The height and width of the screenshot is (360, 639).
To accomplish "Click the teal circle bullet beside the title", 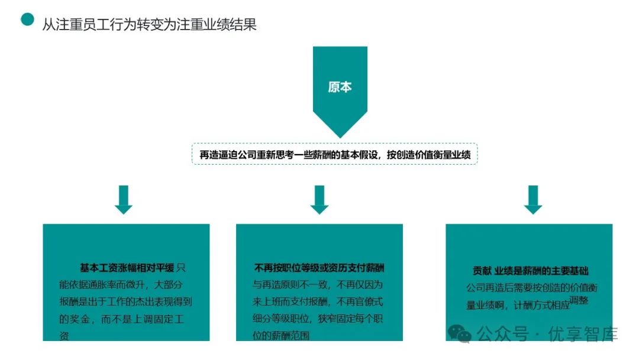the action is tap(27, 20).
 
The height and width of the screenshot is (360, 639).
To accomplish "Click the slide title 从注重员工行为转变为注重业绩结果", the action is tap(149, 25).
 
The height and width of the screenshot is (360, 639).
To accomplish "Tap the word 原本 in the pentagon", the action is tap(340, 86).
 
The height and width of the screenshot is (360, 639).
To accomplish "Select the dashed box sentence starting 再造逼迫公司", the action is tap(334, 155).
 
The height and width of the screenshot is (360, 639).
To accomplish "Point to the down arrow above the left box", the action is tap(124, 199).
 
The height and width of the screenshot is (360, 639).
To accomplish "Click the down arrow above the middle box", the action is tap(319, 199).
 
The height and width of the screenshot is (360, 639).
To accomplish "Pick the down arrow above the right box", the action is tap(533, 199).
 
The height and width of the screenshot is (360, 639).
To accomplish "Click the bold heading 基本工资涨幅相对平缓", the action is tap(127, 268).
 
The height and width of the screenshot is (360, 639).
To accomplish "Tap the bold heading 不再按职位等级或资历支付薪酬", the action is tap(319, 268).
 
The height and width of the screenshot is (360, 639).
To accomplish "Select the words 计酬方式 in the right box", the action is tap(533, 306).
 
